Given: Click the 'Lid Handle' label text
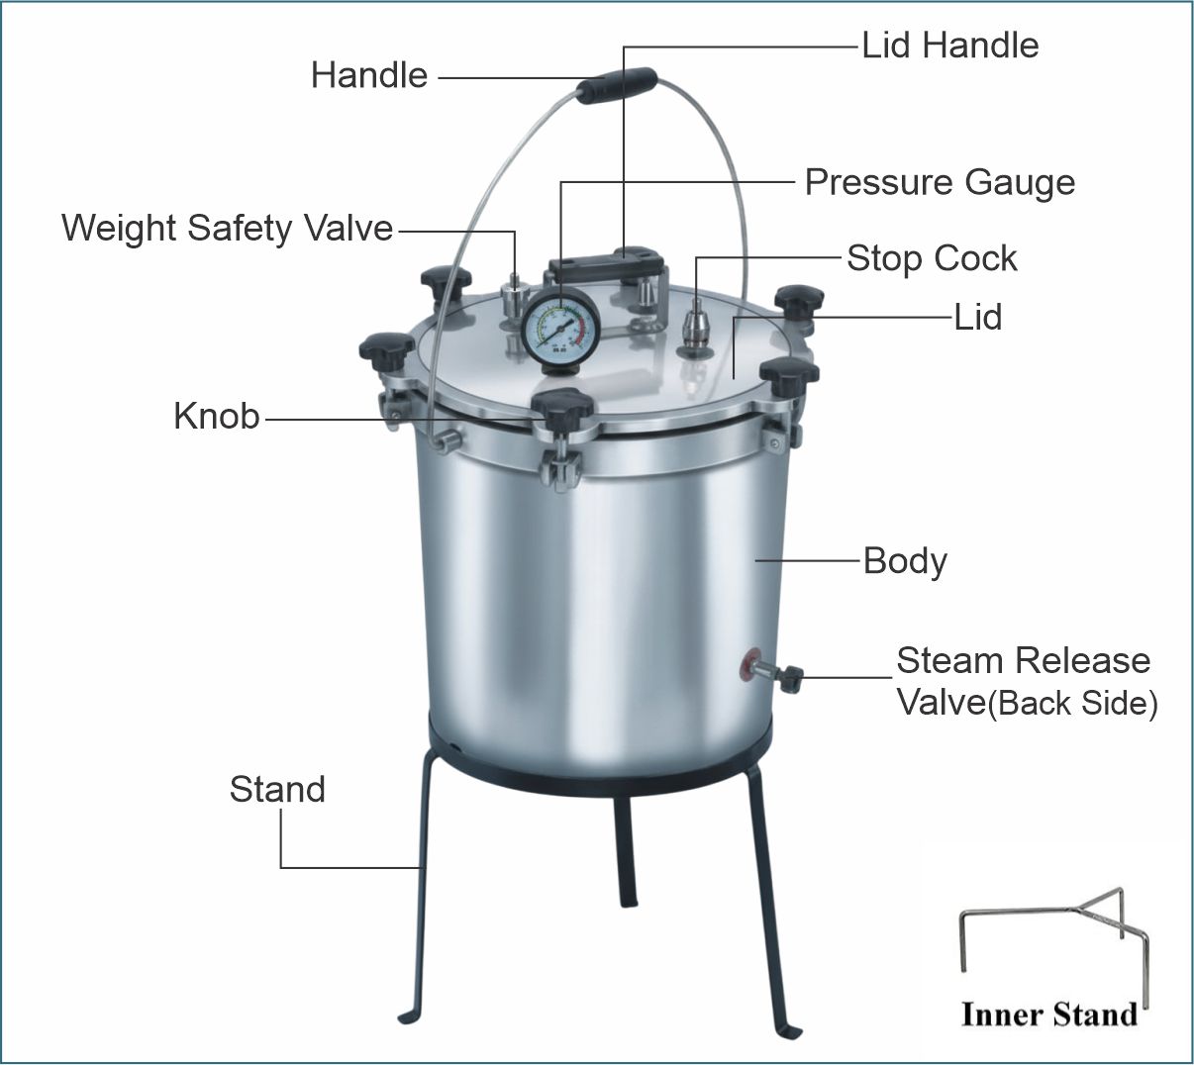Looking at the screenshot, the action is pyautogui.click(x=950, y=46).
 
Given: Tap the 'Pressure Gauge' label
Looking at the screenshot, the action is pyautogui.click(x=940, y=183).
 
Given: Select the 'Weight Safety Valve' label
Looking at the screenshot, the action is pyautogui.click(x=227, y=229).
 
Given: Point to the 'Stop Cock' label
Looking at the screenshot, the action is pyautogui.click(x=932, y=258).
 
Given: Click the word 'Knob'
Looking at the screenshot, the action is pyautogui.click(x=216, y=416).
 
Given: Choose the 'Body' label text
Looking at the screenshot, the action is pyautogui.click(x=905, y=561).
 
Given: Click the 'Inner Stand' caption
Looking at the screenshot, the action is pyautogui.click(x=1049, y=1015).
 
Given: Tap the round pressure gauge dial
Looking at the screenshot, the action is pyautogui.click(x=560, y=330).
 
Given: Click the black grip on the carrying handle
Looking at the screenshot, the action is pyautogui.click(x=616, y=85).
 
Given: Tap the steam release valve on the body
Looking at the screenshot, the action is pyautogui.click(x=772, y=671).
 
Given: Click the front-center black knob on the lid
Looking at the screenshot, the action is pyautogui.click(x=562, y=409).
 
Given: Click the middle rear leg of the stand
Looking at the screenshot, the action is pyautogui.click(x=626, y=848).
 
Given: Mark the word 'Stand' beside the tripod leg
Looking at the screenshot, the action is pyautogui.click(x=277, y=789).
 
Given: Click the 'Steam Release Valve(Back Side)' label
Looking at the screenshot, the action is pyautogui.click(x=1027, y=682).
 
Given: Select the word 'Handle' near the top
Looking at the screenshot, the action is pyautogui.click(x=369, y=75).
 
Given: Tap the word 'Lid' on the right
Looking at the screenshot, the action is pyautogui.click(x=978, y=317).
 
